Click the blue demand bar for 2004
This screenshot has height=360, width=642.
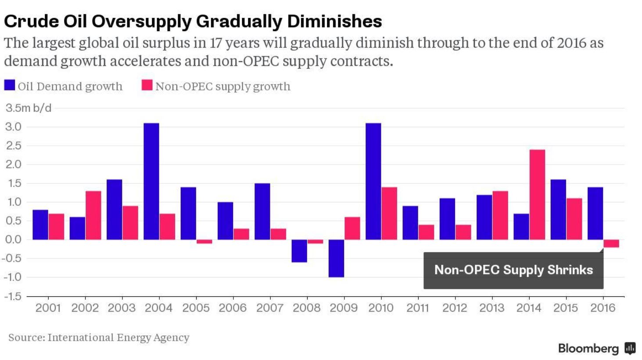pyautogui.click(x=151, y=181)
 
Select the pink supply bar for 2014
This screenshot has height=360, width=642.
pyautogui.click(x=537, y=194)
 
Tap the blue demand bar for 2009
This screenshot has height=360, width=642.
pyautogui.click(x=336, y=258)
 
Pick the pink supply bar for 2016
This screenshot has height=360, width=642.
pyautogui.click(x=611, y=244)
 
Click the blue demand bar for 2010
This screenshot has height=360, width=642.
pyautogui.click(x=373, y=181)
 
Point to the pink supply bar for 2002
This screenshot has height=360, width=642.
pyautogui.click(x=93, y=215)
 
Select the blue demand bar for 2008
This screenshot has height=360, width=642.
pyautogui.click(x=299, y=251)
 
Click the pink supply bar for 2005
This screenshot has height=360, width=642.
pyautogui.click(x=204, y=241)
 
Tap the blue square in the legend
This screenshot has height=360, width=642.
pyautogui.click(x=10, y=85)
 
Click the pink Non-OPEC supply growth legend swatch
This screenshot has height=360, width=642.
pyautogui.click(x=147, y=85)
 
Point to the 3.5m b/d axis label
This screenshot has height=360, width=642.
pyautogui.click(x=29, y=108)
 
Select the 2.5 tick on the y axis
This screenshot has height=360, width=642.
pyautogui.click(x=13, y=146)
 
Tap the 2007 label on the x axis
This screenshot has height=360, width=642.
pyautogui.click(x=269, y=308)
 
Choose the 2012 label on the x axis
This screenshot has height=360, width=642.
pyautogui.click(x=454, y=308)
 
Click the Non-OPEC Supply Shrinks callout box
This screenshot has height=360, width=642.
pyautogui.click(x=513, y=270)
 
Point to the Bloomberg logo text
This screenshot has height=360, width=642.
pyautogui.click(x=588, y=349)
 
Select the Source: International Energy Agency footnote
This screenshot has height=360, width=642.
pyautogui.click(x=99, y=337)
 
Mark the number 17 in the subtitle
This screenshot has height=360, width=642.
pyautogui.click(x=216, y=43)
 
